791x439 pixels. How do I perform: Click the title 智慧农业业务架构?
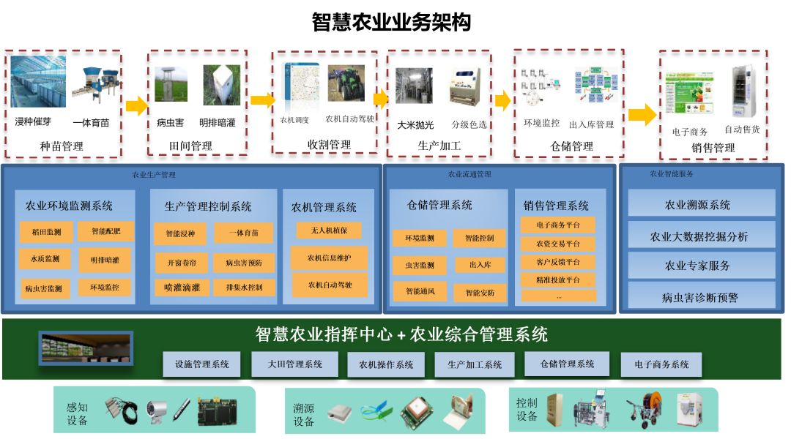pyautogui.click(x=391, y=22)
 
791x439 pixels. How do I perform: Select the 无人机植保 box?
pyautogui.click(x=329, y=230)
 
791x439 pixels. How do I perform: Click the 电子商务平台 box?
pyautogui.click(x=558, y=225)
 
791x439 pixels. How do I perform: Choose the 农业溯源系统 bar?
pyautogui.click(x=701, y=205)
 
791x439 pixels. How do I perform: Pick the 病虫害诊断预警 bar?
pyautogui.click(x=701, y=297)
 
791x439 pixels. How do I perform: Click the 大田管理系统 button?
pyautogui.click(x=294, y=364)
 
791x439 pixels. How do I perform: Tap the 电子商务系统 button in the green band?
pyautogui.click(x=661, y=364)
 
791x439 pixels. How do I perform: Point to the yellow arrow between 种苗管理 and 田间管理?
pyautogui.click(x=136, y=106)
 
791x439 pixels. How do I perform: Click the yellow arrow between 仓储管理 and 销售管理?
pyautogui.click(x=642, y=114)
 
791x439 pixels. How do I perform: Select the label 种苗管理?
pyautogui.click(x=62, y=146)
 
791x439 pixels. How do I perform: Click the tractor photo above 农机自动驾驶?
pyautogui.click(x=346, y=83)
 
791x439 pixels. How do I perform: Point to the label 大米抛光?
pyautogui.click(x=415, y=125)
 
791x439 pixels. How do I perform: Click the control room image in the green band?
pyautogui.click(x=86, y=347)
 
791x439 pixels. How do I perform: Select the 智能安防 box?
pyautogui.click(x=480, y=293)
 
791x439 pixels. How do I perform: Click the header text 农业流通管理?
pyautogui.click(x=469, y=175)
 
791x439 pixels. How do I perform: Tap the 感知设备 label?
pyautogui.click(x=77, y=414)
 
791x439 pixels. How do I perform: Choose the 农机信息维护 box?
pyautogui.click(x=329, y=258)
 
